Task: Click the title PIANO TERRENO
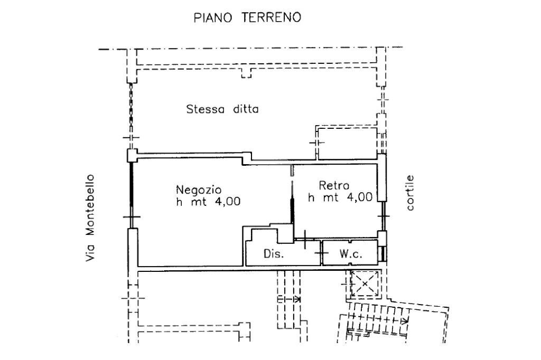tap(247, 18)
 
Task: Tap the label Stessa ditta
tap(222, 110)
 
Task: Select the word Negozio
tap(199, 189)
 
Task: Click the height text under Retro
tap(340, 197)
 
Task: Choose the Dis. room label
tap(274, 254)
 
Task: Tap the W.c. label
tap(350, 254)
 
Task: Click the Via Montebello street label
tap(92, 217)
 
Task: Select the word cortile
tap(411, 193)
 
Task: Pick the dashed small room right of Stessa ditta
tap(347, 142)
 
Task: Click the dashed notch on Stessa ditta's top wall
tap(246, 73)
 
